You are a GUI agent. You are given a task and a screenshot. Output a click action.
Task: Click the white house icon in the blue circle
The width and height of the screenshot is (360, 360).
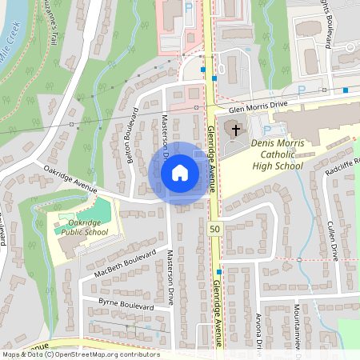(180, 173)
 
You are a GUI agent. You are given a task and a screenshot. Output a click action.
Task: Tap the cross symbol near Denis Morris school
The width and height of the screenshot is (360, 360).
(235, 129)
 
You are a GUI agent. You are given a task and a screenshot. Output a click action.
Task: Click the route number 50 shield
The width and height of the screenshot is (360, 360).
(215, 229)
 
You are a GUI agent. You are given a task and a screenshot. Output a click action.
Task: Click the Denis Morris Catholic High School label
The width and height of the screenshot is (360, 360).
(278, 154)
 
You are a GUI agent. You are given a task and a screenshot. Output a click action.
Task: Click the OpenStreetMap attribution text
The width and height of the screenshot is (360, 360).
(80, 354)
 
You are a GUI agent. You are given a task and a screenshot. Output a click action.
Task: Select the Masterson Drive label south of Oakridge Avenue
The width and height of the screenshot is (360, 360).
(170, 276)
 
